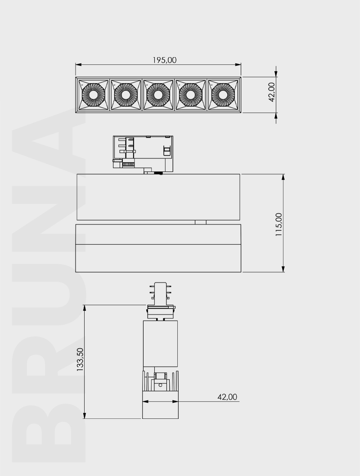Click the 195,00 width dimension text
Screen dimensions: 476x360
tap(158, 60)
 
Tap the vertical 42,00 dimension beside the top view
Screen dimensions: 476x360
tap(272, 92)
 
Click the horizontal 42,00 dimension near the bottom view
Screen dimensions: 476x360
tap(227, 397)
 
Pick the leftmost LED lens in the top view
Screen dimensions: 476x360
tap(94, 95)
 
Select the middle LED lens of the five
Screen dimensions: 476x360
tap(158, 95)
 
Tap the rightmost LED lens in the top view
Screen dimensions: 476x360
tap(223, 95)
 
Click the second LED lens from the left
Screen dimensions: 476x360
tap(126, 95)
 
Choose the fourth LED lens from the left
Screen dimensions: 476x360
tap(190, 95)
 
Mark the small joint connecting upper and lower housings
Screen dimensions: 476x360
tap(201, 222)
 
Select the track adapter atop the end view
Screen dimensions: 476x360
tap(160, 299)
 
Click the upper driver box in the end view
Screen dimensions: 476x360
tap(160, 344)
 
